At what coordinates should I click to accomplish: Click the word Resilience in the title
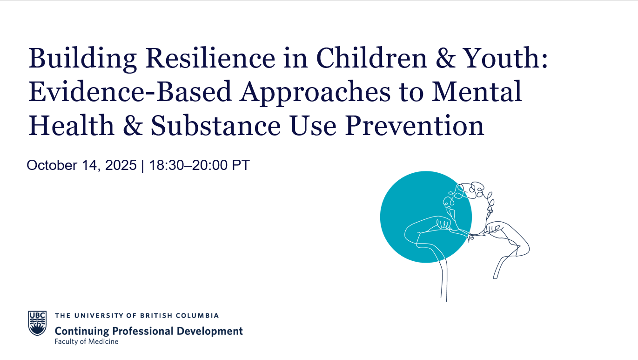[210, 58]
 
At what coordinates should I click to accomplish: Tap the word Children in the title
[371, 58]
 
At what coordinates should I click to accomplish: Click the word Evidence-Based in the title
[129, 91]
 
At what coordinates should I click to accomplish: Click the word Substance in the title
[215, 125]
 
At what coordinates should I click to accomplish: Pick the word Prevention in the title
[415, 125]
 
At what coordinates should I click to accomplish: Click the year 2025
[121, 165]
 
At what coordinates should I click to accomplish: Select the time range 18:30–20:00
[188, 165]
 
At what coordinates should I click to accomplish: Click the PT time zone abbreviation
[241, 165]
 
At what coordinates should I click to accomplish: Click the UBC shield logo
[37, 323]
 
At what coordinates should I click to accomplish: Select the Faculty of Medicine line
[86, 341]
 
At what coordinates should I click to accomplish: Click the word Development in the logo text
[210, 332]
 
